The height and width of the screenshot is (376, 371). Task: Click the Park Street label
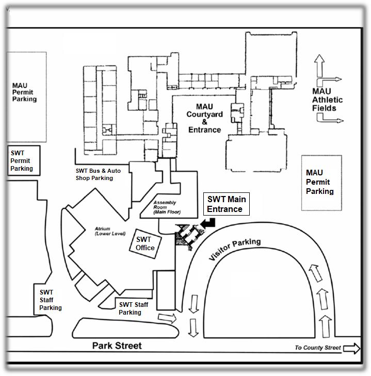117,346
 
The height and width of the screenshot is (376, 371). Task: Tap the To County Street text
317,348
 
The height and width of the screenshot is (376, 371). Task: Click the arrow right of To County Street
352,349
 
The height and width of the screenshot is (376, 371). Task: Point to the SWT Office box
144,243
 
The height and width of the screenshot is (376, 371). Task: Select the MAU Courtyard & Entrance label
204,118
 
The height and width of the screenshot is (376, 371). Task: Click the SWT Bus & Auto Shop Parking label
94,174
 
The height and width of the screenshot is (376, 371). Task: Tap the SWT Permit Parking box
23,160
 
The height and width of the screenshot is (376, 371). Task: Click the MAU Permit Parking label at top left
24,92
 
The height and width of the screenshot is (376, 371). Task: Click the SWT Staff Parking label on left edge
50,300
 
